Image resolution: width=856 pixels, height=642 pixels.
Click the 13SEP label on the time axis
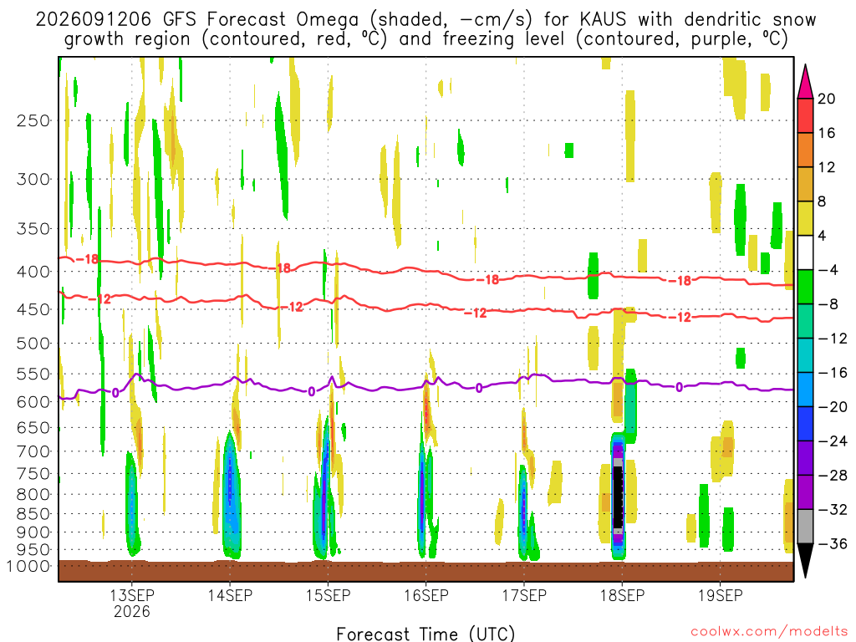(x=132, y=595)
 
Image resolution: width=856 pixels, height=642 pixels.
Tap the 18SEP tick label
(x=622, y=595)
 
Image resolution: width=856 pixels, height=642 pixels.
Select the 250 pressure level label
(x=33, y=120)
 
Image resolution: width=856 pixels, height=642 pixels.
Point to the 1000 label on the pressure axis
(x=28, y=566)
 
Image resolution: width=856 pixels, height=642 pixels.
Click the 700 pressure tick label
(x=33, y=451)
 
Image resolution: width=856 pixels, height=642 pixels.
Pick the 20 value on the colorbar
(x=827, y=99)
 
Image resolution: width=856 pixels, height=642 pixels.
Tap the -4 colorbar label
(x=828, y=270)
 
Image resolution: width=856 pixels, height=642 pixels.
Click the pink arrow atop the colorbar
(x=805, y=81)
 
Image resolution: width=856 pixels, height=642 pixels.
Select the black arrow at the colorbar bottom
(x=805, y=560)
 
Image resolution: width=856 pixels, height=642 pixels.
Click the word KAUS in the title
(x=603, y=20)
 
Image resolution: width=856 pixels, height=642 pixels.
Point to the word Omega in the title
(x=328, y=20)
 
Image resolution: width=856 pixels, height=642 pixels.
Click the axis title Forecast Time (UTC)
(x=425, y=634)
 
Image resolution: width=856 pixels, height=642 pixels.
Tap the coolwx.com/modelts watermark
(x=770, y=632)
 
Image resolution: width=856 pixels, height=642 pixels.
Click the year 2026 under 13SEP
(x=132, y=611)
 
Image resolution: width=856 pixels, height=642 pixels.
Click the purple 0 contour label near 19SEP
(x=679, y=387)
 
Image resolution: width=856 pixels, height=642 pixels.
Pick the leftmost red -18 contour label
(x=88, y=259)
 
